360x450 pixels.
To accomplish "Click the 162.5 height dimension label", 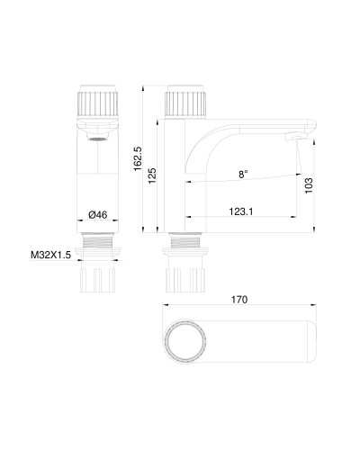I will click(138, 159).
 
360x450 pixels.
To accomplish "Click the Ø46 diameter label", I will click(98, 213).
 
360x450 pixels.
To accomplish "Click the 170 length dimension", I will click(238, 299).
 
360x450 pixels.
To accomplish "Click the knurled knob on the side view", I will click(185, 102).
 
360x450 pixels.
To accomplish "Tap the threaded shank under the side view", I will click(185, 245).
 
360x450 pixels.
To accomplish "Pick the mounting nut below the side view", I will click(185, 279).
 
